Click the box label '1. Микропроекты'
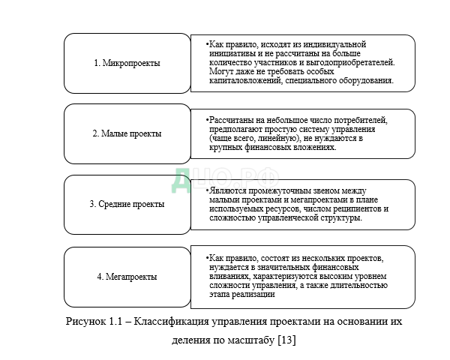[x=127, y=63]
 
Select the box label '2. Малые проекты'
[x=127, y=133]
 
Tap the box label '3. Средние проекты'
[x=127, y=204]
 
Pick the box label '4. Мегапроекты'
[x=127, y=277]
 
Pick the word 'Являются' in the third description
[x=229, y=191]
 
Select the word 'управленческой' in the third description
[x=286, y=217]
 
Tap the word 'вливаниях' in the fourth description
[x=231, y=277]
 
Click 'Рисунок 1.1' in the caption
[x=94, y=322]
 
